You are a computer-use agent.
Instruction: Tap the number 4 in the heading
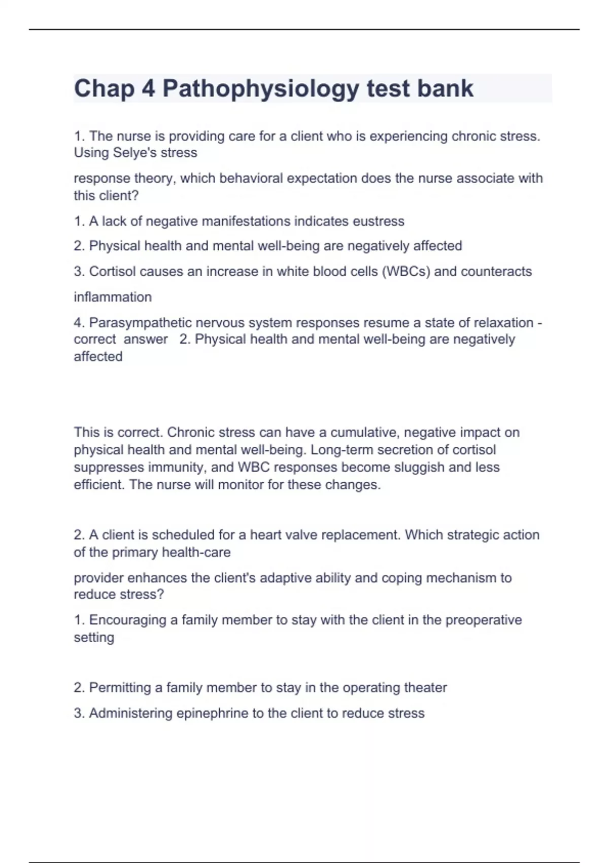148,89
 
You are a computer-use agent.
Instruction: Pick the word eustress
379,221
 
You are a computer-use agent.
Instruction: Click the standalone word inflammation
113,297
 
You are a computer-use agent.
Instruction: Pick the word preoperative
483,620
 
